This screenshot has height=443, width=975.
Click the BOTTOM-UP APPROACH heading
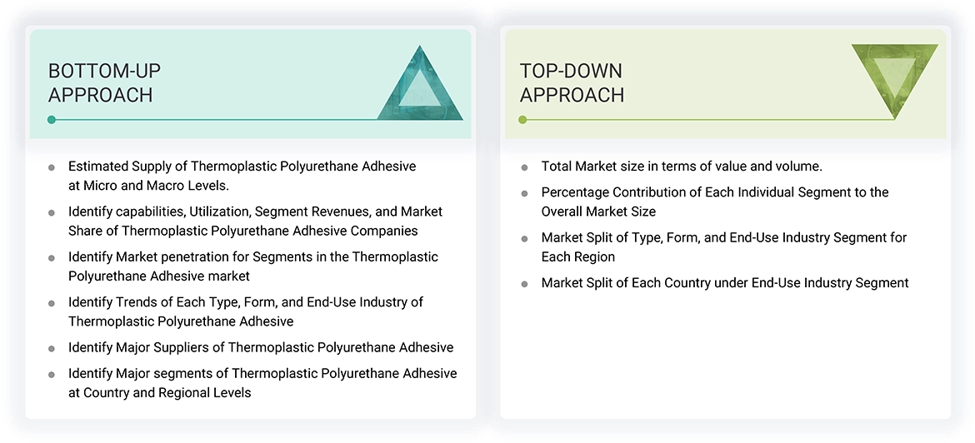(104, 82)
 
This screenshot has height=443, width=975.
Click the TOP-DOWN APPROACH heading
(572, 82)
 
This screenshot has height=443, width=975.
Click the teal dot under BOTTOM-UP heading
(52, 120)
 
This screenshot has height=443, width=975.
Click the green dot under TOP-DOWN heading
(522, 120)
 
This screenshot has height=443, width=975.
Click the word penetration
(203, 256)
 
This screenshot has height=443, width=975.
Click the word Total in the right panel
(557, 167)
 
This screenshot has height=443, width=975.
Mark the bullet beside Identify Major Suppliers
(52, 349)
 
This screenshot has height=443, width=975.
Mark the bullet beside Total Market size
(524, 168)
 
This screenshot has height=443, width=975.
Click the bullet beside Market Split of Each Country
(524, 285)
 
